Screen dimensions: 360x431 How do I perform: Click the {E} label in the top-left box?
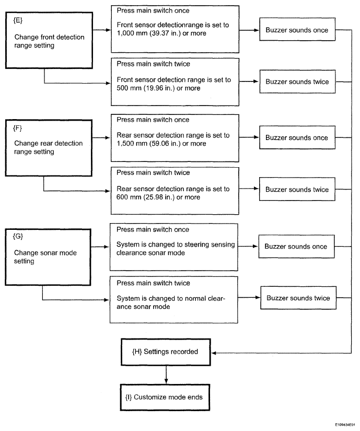tap(18, 20)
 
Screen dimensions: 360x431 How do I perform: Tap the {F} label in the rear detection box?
tap(18, 129)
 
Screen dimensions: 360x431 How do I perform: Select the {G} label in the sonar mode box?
tap(18, 236)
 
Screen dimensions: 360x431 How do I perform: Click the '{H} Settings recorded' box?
tap(166, 352)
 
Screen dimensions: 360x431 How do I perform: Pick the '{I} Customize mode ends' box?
tap(165, 398)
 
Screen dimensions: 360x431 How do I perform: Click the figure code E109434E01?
tap(345, 425)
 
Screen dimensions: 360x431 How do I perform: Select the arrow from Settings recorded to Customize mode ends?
tap(166, 375)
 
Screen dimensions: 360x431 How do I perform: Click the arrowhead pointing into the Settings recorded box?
tap(214, 353)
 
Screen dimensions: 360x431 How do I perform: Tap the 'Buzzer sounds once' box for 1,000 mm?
tap(297, 29)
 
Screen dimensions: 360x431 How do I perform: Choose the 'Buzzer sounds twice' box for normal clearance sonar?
tap(298, 298)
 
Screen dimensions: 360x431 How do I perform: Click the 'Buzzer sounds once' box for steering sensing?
tap(297, 246)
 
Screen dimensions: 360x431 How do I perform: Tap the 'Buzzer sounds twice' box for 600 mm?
tap(297, 189)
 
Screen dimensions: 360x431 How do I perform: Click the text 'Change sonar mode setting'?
tap(45, 257)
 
